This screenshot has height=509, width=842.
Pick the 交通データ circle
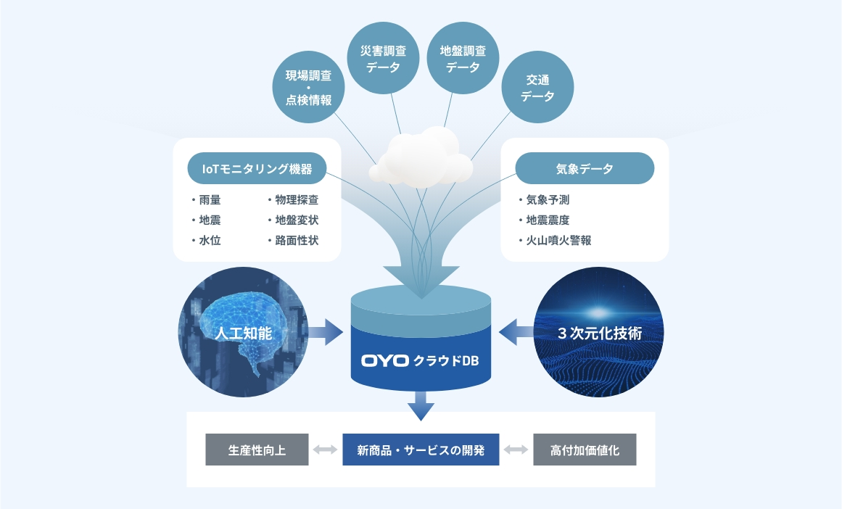click(x=537, y=88)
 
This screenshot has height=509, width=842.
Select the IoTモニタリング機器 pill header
click(x=257, y=169)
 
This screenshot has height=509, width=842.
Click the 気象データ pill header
click(x=585, y=169)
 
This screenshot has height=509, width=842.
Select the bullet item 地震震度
click(x=548, y=220)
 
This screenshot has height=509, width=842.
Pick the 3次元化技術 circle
click(x=599, y=334)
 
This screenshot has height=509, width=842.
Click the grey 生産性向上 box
click(x=257, y=450)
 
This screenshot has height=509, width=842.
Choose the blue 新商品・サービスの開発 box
click(x=421, y=450)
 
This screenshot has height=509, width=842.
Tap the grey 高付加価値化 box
click(x=585, y=450)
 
